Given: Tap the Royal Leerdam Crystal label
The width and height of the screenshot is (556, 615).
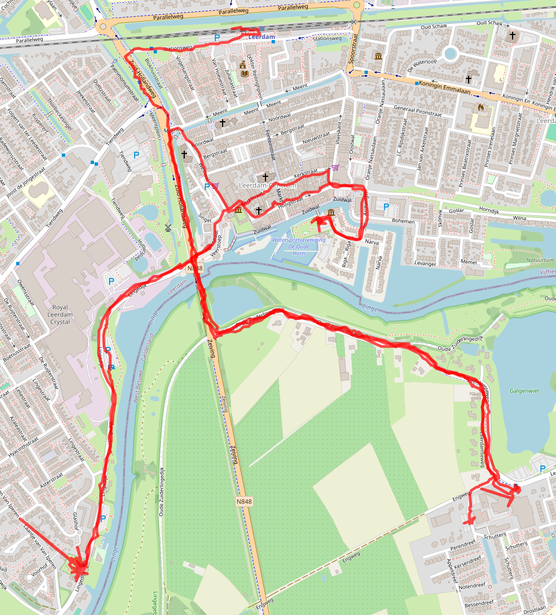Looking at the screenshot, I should tap(60, 314).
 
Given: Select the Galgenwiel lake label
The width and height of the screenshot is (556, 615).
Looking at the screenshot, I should tap(524, 391).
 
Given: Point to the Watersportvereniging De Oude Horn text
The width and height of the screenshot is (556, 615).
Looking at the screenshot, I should tap(298, 244).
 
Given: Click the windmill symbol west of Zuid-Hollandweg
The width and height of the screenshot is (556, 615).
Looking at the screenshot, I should tap(167, 227).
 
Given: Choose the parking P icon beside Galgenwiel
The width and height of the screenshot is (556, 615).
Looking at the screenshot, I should tap(543, 469).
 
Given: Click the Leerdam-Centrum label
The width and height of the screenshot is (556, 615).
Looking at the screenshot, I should tap(267, 185).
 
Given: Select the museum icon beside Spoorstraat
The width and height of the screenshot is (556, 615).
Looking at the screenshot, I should tap(378, 56).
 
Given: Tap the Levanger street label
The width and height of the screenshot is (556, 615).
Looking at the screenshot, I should tap(426, 263).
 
